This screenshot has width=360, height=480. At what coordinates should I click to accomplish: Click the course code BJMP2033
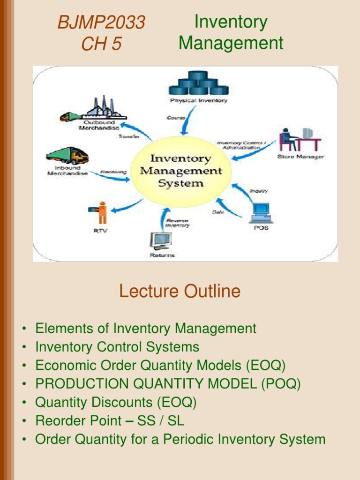click(x=101, y=22)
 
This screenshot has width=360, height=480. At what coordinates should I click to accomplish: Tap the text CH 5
click(x=101, y=44)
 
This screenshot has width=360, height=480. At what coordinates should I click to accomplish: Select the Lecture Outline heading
click(x=180, y=291)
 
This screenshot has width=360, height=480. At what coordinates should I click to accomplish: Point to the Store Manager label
click(x=300, y=157)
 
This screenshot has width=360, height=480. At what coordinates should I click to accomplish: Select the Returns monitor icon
click(x=161, y=241)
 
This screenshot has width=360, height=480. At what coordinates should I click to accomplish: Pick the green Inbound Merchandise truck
click(x=67, y=156)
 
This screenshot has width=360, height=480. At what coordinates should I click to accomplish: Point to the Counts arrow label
click(x=176, y=118)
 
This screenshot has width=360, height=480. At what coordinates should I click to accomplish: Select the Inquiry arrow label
click(x=259, y=191)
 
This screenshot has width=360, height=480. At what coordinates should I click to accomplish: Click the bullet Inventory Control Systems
click(x=117, y=347)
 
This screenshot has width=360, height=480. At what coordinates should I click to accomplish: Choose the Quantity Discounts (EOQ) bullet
click(x=116, y=402)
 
